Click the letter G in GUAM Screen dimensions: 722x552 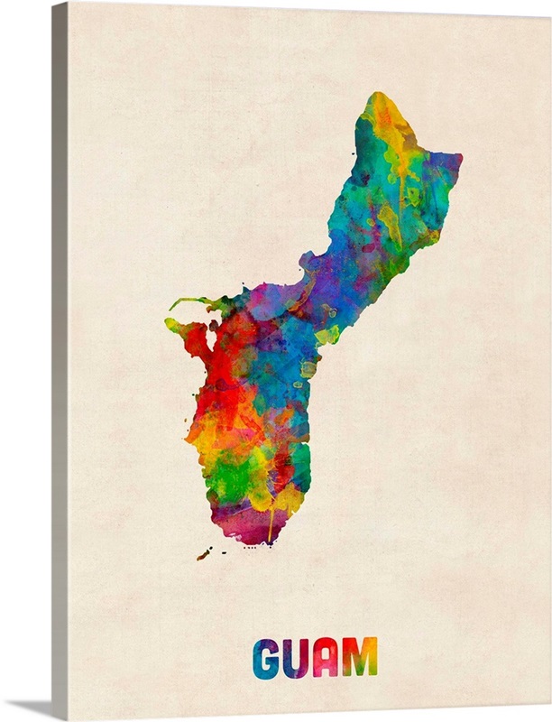[266, 658]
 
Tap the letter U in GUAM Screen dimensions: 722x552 [296, 658]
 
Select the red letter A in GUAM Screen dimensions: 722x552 [326, 658]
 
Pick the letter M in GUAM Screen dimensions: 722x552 [360, 658]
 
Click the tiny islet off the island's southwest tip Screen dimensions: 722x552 [204, 552]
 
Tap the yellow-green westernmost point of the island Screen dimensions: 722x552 [172, 324]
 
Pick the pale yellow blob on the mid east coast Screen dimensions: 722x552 [327, 335]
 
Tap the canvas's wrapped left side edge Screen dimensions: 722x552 [60, 361]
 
